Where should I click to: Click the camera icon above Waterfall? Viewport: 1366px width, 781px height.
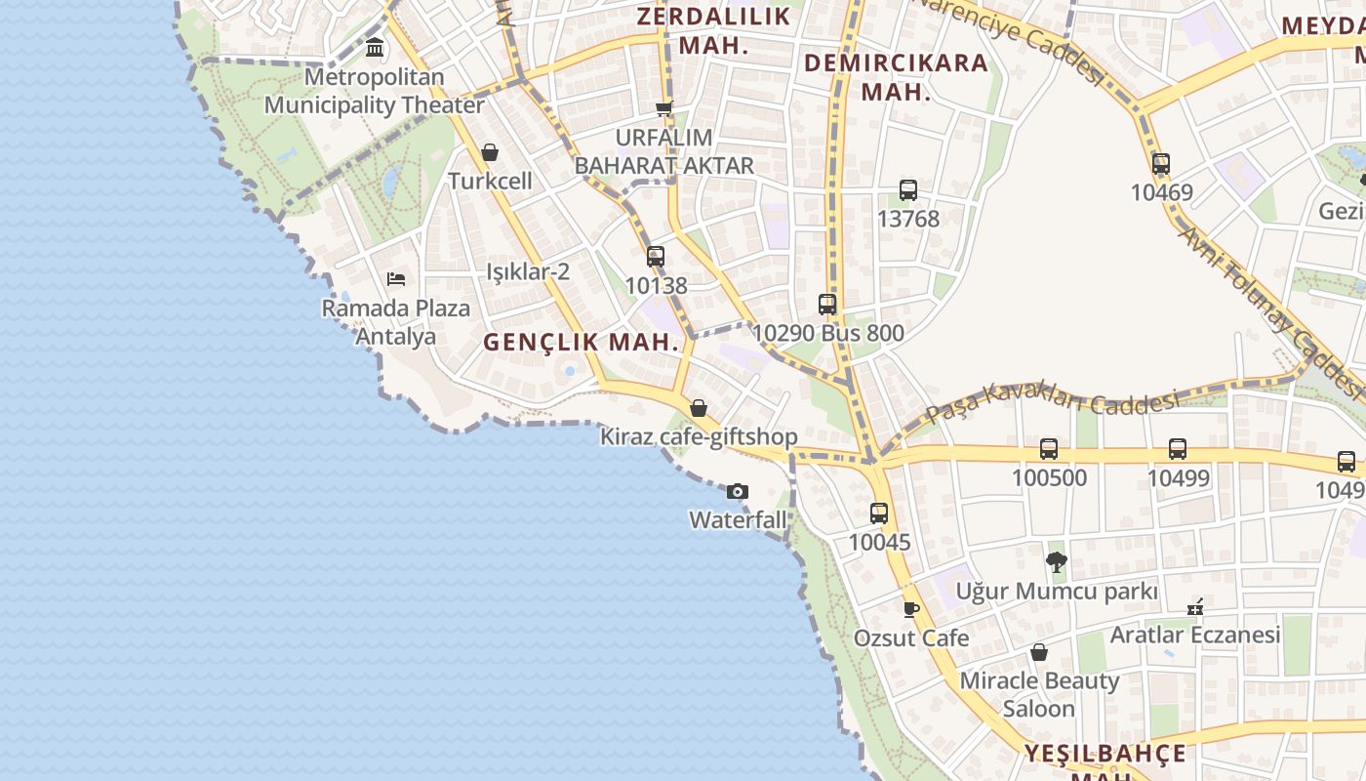[x=738, y=491]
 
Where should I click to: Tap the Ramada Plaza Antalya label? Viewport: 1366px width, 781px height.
[x=396, y=322]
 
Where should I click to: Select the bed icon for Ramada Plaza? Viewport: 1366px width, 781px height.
[x=396, y=279]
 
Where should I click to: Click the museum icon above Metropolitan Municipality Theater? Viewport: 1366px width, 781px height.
[x=375, y=47]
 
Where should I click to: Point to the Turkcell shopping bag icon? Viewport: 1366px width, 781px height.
[x=490, y=152]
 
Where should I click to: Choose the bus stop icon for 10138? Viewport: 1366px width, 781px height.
[x=656, y=257]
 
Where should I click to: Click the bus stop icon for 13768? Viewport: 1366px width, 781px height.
[x=908, y=190]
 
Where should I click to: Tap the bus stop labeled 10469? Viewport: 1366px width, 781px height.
[x=1161, y=164]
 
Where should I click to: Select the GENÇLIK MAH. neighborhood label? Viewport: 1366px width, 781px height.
[x=581, y=343]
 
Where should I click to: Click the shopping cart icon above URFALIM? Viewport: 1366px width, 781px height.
[x=664, y=108]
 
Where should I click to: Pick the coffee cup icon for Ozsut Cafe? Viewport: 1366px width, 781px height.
[x=911, y=609]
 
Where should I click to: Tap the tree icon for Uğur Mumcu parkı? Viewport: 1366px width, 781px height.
[x=1056, y=561]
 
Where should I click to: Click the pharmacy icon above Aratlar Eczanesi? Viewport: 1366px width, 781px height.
[x=1195, y=606]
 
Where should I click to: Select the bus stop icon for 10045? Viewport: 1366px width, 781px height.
[x=879, y=514]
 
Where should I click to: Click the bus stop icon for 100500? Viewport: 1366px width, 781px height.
[x=1049, y=449]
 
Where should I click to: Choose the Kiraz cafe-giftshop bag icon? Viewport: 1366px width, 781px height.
[x=699, y=408]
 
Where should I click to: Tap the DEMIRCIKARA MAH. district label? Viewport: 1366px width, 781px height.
[x=896, y=78]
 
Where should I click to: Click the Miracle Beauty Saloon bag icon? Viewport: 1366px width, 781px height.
[x=1039, y=651]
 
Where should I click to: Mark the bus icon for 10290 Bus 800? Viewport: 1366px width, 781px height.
[x=827, y=305]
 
